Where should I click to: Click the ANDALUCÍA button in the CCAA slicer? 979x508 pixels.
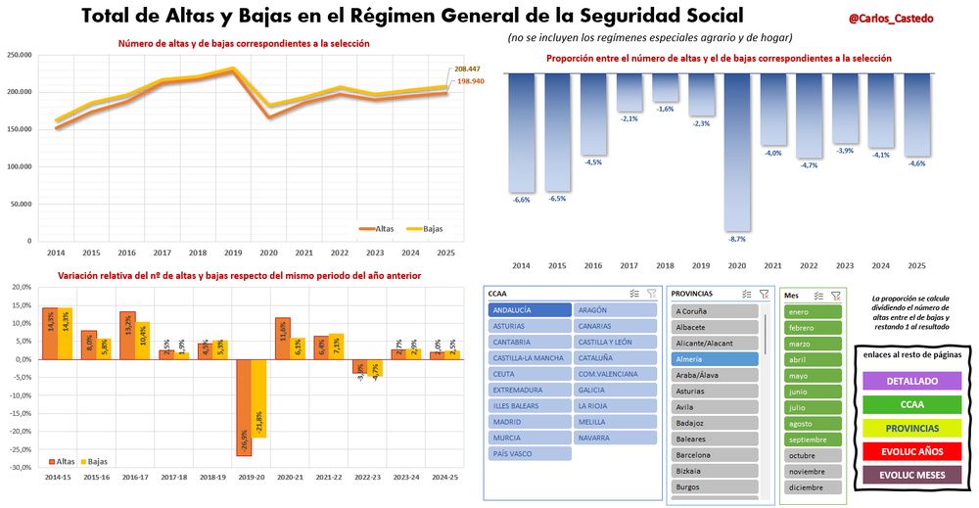tap(529, 309)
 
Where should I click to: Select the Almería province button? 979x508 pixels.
tap(715, 359)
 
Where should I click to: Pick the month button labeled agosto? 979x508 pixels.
tap(813, 423)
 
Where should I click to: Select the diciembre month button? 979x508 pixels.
tap(813, 486)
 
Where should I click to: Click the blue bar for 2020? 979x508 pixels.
tap(737, 152)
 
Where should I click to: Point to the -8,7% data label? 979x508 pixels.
tap(737, 238)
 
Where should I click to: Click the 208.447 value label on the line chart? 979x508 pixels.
tap(468, 69)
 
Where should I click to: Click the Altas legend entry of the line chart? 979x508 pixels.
tap(376, 228)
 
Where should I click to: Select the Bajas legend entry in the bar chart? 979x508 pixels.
tap(93, 460)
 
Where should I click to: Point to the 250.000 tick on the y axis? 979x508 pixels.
tap(18, 55)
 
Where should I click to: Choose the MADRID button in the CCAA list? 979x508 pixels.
tap(529, 422)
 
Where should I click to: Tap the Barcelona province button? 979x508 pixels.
tap(715, 454)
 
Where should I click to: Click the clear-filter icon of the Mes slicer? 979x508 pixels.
tap(836, 294)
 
